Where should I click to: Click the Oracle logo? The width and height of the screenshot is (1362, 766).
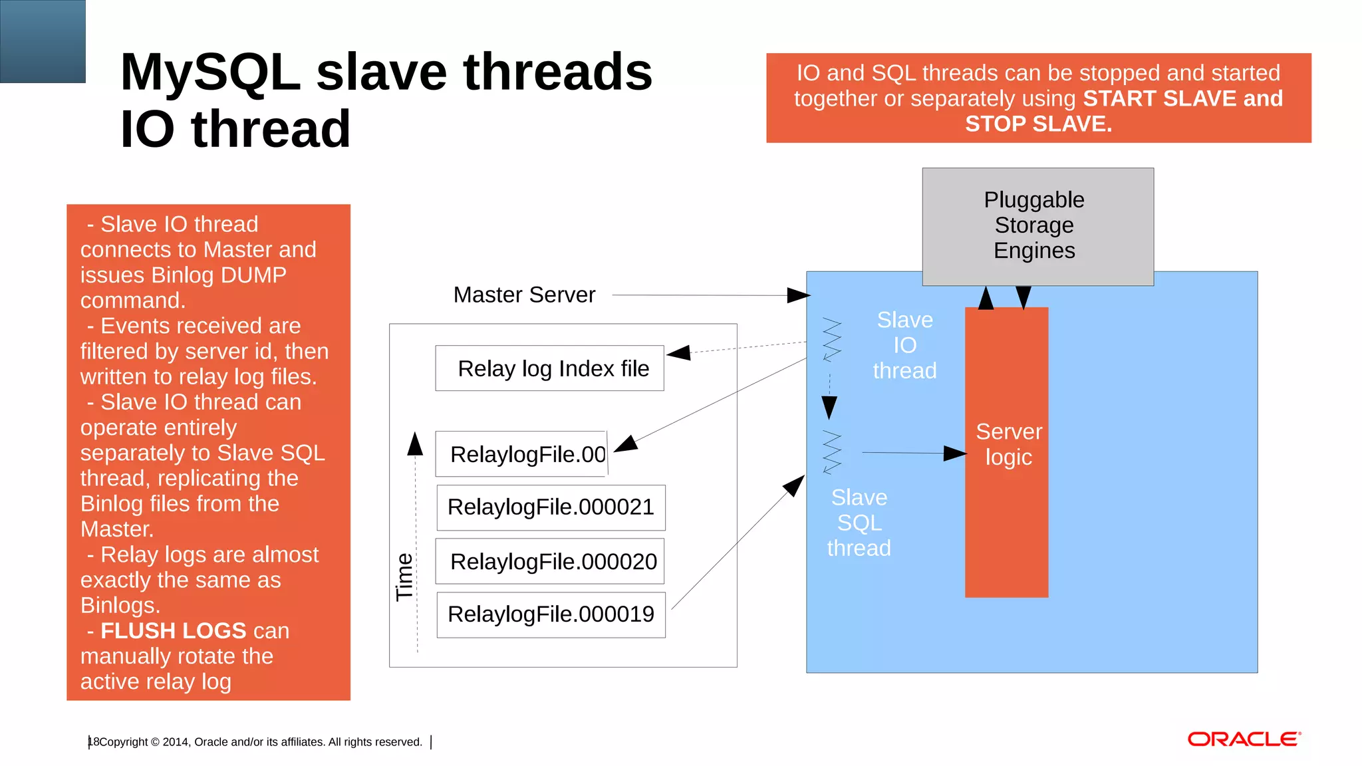[x=1243, y=739]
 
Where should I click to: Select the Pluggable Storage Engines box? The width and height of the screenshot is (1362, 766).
[x=1037, y=226]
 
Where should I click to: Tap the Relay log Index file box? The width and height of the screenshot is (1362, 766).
[x=549, y=368]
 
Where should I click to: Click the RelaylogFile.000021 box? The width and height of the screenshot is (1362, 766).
[x=551, y=507]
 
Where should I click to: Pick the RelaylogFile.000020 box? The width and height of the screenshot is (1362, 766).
[x=550, y=562]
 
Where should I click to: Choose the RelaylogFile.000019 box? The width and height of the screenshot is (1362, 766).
[x=551, y=614]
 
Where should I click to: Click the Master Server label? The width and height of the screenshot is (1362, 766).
[x=524, y=295]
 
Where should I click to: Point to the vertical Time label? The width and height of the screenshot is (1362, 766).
[x=404, y=576]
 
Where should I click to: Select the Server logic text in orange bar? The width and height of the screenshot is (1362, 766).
[x=1008, y=444]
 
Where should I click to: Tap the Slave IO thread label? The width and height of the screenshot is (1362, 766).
[x=904, y=345]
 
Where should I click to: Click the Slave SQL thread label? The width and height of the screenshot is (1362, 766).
[x=859, y=523]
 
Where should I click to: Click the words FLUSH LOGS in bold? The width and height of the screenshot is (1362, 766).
[x=174, y=630]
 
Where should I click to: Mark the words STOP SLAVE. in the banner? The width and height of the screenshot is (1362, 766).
[x=1038, y=124]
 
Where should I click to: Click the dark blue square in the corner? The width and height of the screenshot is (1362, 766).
[x=43, y=41]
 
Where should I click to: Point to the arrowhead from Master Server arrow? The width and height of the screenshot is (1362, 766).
[x=799, y=295]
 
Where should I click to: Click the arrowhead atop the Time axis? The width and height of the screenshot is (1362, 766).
[x=415, y=444]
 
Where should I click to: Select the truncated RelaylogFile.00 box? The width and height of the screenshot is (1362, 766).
[x=521, y=454]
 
